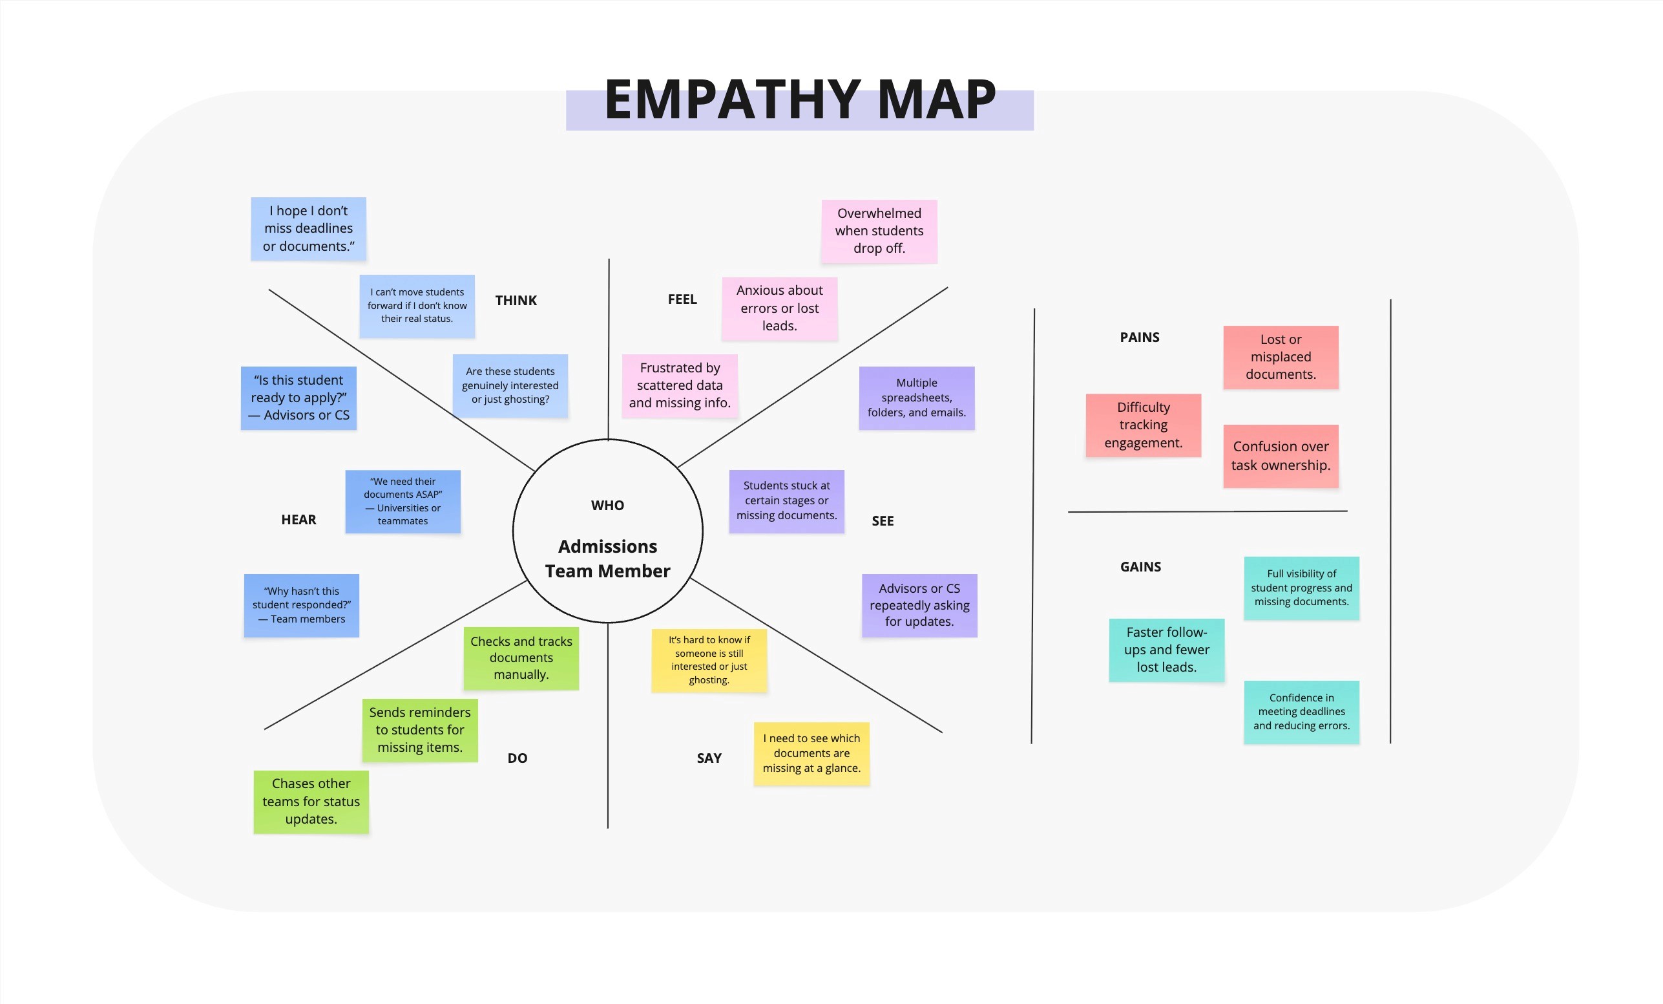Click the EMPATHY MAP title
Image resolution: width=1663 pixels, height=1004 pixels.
click(x=800, y=100)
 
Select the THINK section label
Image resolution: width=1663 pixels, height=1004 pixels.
click(x=516, y=301)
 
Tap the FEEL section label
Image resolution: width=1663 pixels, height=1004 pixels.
click(x=682, y=299)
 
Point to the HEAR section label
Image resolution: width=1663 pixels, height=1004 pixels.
click(x=298, y=519)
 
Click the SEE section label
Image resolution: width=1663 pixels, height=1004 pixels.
click(x=882, y=520)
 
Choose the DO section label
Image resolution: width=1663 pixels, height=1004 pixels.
click(x=517, y=758)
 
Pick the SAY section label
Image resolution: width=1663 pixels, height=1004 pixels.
click(x=709, y=758)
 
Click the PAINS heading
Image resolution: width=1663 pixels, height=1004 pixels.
click(x=1139, y=337)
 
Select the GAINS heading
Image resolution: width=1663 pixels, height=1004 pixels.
click(x=1140, y=566)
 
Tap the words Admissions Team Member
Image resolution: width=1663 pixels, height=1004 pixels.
click(x=607, y=559)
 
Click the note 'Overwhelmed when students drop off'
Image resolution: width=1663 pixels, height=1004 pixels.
click(x=879, y=231)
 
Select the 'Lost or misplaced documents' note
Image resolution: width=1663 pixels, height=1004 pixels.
click(x=1281, y=357)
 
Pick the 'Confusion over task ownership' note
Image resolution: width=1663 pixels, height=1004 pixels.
click(x=1281, y=456)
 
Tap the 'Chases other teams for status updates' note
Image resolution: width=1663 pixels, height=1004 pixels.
click(x=311, y=802)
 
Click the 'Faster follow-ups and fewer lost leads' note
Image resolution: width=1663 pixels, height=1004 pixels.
click(x=1166, y=650)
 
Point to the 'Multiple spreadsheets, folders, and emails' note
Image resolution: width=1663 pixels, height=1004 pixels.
click(x=916, y=398)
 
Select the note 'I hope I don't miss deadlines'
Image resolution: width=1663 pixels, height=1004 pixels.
click(x=308, y=229)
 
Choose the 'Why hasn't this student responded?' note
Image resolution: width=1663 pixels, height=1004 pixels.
click(x=301, y=605)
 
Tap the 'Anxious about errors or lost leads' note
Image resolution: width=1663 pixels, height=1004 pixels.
click(x=779, y=308)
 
